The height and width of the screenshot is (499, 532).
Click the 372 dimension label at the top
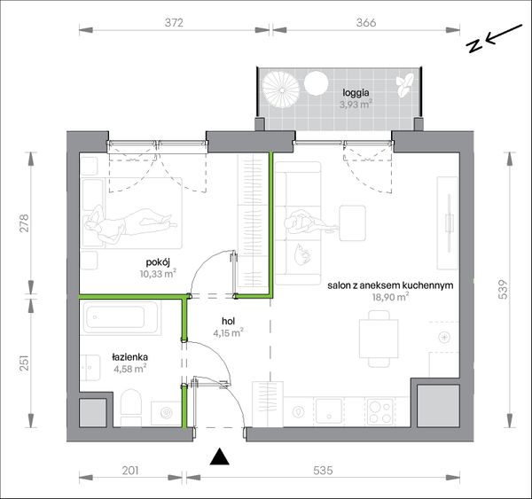174,22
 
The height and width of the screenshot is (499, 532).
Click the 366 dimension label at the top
366,22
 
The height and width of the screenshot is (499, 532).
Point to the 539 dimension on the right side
504,289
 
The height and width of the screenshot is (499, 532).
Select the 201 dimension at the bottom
130,471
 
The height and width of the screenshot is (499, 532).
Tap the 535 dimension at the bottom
323,471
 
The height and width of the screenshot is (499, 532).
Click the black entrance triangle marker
220,456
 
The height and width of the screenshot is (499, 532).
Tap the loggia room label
356,92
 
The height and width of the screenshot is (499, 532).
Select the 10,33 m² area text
158,273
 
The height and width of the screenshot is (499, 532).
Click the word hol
229,321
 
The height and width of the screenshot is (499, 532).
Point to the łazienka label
130,357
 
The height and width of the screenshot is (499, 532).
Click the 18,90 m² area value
390,297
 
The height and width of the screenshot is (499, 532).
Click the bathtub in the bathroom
121,316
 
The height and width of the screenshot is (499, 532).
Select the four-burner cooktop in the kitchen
380,412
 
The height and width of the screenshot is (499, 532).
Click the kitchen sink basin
329,411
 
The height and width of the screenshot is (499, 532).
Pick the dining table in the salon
379,339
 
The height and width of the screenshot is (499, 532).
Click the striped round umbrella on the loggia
281,90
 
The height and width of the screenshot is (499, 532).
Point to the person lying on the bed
130,222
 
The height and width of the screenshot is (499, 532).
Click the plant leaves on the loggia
404,85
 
